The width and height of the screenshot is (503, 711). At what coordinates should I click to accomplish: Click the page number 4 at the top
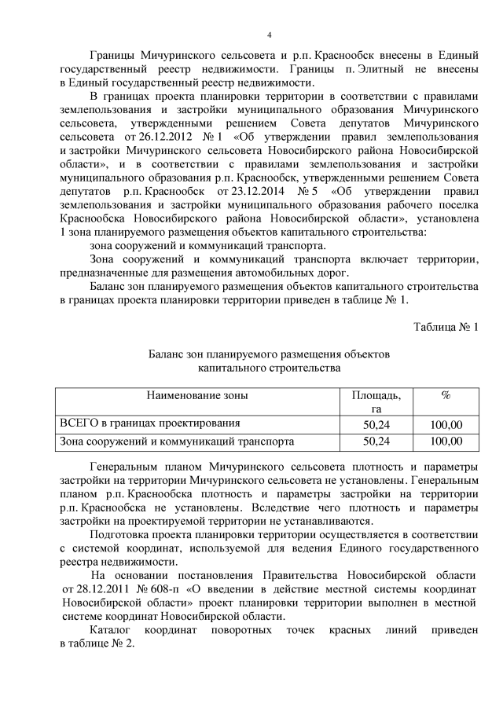(269, 35)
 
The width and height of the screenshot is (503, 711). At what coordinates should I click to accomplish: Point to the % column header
(446, 398)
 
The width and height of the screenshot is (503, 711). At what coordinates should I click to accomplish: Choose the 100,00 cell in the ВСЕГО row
(446, 425)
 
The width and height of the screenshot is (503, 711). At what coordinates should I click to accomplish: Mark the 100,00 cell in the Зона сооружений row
(446, 442)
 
